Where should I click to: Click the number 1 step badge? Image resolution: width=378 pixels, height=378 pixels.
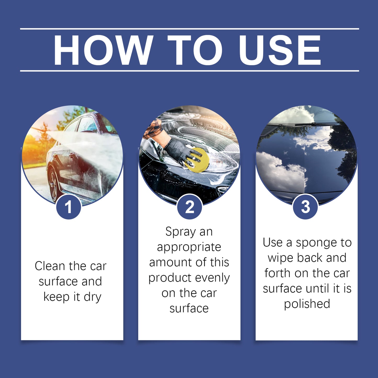pyautogui.click(x=69, y=207)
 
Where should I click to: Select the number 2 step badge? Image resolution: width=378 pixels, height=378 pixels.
pyautogui.click(x=190, y=207)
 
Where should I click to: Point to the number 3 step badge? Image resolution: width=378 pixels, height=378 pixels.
pyautogui.click(x=305, y=207)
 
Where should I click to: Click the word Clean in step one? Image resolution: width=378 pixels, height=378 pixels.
pyautogui.click(x=50, y=266)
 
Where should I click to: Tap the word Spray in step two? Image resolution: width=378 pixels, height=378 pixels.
pyautogui.click(x=180, y=232)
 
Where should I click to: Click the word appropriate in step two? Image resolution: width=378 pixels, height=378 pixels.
pyautogui.click(x=189, y=247)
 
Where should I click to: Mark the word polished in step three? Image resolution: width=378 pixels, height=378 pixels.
pyautogui.click(x=307, y=304)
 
